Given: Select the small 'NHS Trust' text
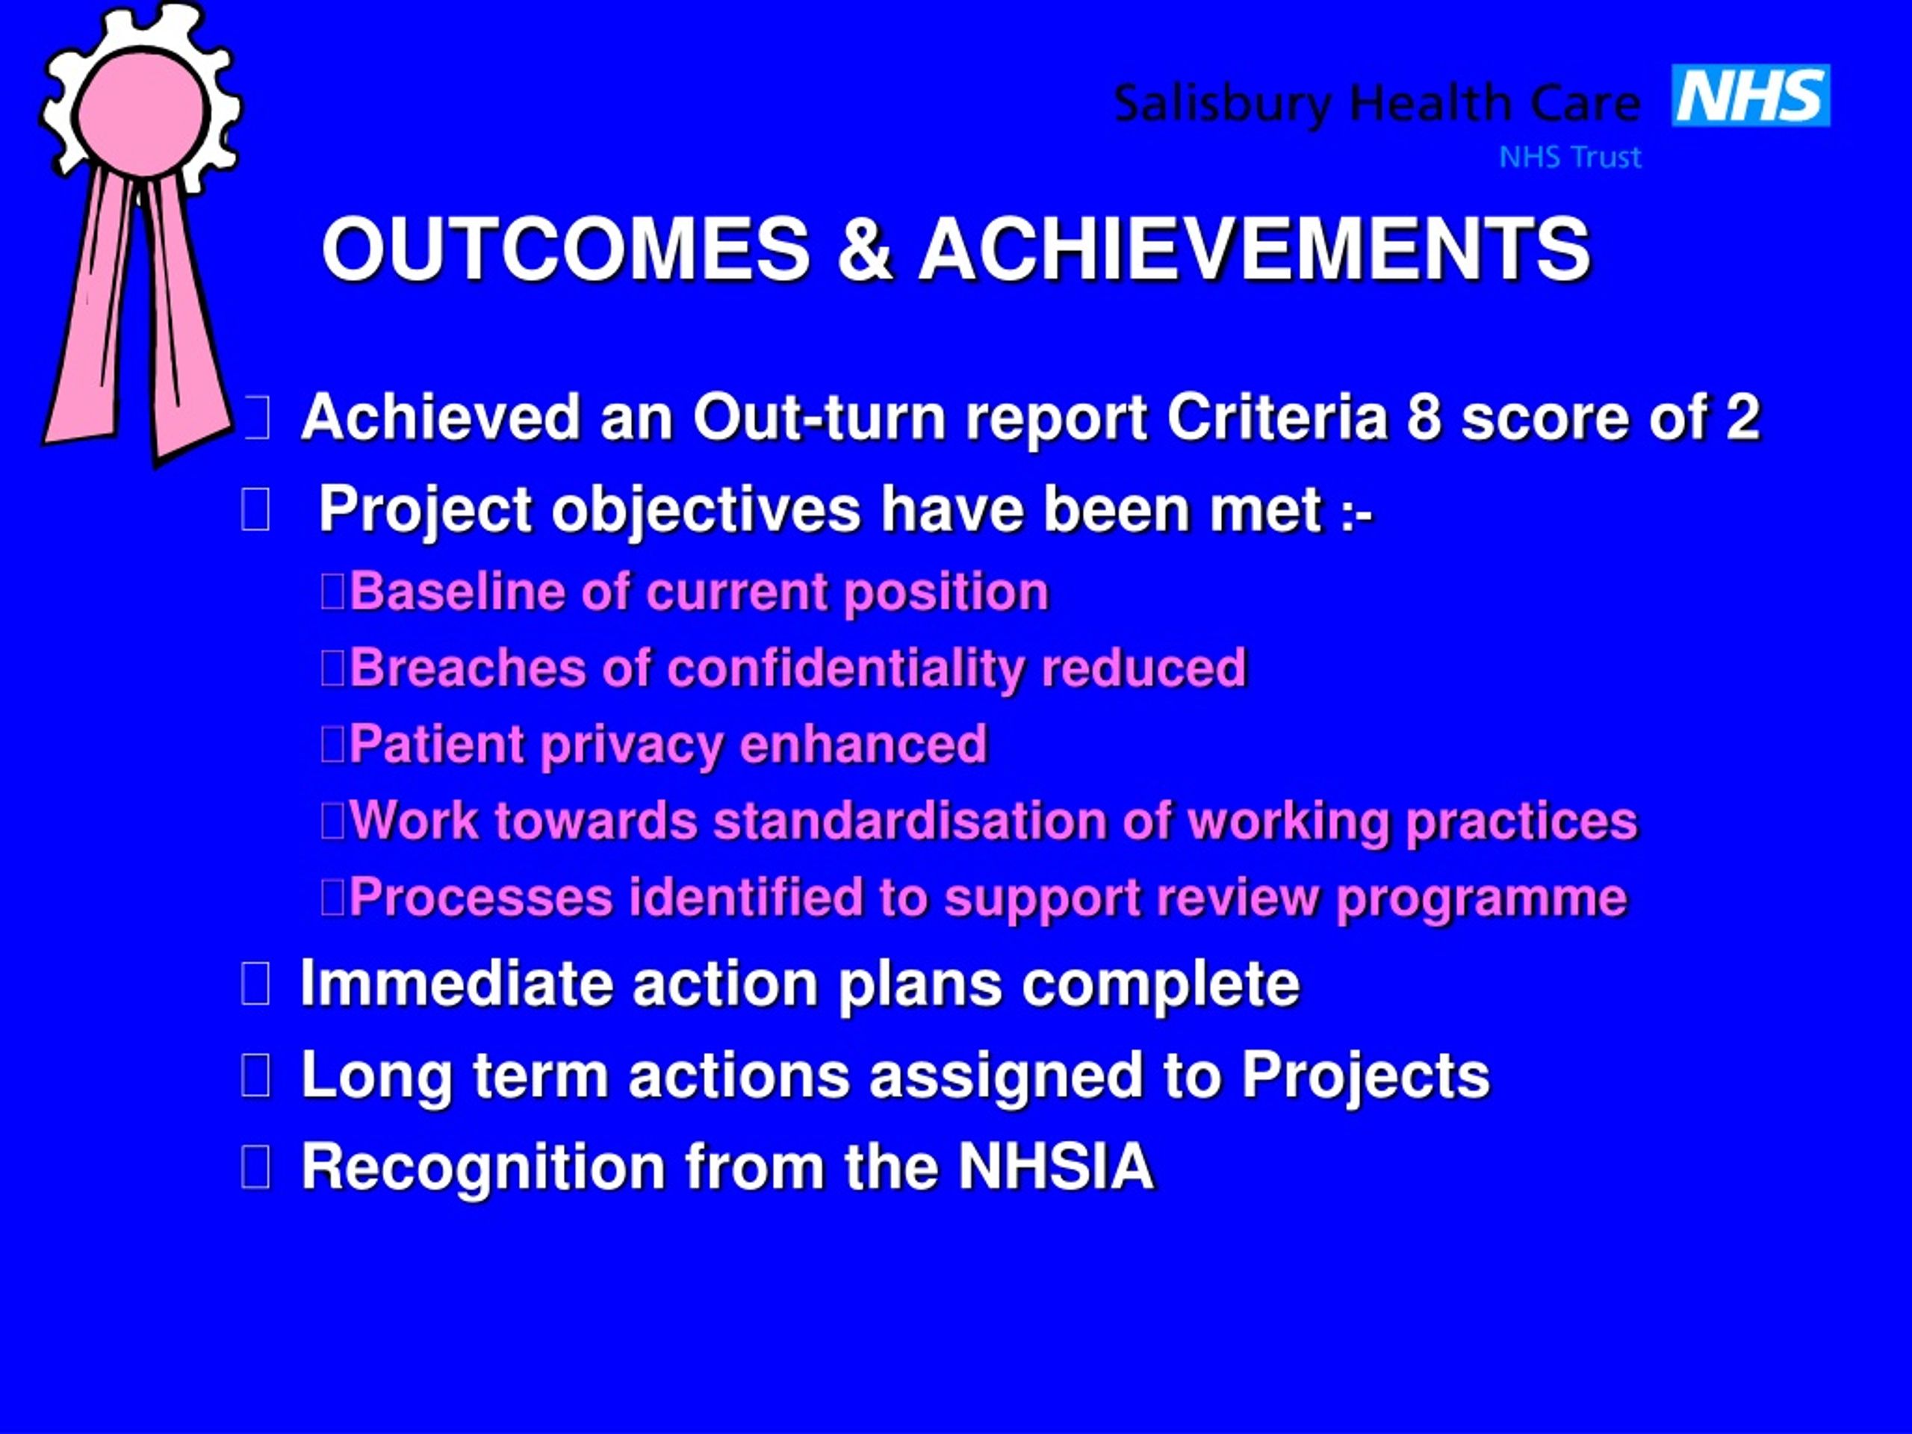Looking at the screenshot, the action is click(1570, 158).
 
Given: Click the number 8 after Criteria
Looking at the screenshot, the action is click(1424, 418).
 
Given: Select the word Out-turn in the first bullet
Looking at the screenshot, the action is click(820, 418).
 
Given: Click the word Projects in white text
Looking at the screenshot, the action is click(1366, 1077).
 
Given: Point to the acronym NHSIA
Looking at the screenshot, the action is click(1056, 1167).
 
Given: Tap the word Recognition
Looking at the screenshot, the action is click(483, 1169).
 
